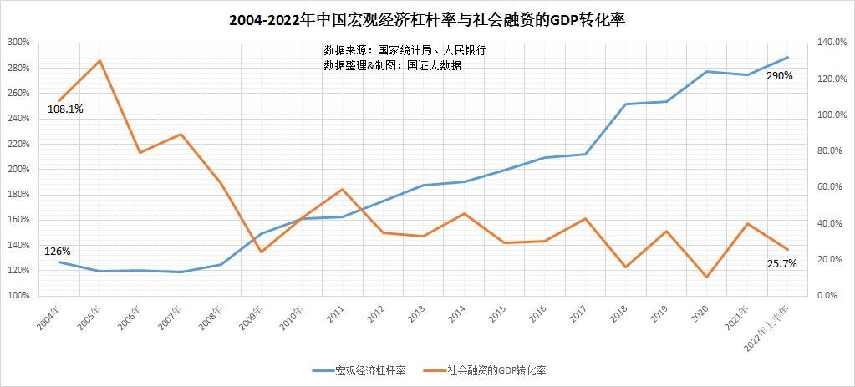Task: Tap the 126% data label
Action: (x=58, y=251)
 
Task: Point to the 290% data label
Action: (x=779, y=75)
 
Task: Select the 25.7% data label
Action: (x=781, y=263)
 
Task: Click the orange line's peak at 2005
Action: (x=99, y=60)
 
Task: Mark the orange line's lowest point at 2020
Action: (x=706, y=277)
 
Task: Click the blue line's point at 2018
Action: (x=625, y=104)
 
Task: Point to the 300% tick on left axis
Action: (x=18, y=42)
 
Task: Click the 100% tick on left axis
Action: (x=18, y=296)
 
